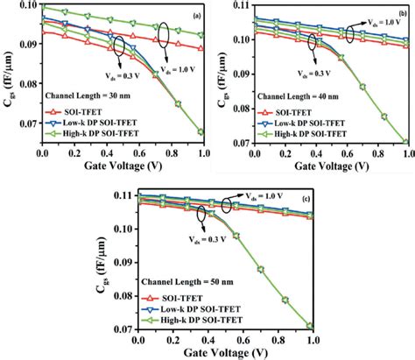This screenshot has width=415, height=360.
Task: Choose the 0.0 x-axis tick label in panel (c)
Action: coord(139,336)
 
